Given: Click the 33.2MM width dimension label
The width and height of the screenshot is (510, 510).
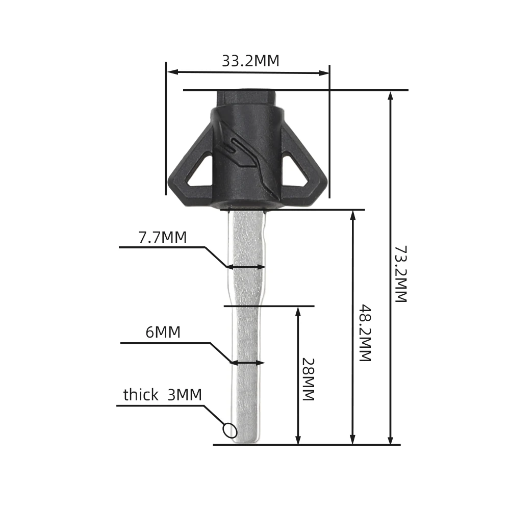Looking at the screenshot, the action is click(250, 61).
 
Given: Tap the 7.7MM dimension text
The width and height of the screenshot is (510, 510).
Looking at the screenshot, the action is click(163, 237).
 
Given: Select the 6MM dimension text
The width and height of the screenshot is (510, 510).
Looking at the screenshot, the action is click(163, 332).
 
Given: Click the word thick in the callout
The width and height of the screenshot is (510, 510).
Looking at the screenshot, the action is click(141, 395).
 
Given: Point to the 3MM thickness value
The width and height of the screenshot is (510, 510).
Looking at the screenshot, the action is click(185, 395).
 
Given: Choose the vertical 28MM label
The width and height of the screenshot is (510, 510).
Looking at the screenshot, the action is click(309, 379).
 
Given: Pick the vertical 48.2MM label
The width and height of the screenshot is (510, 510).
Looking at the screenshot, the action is click(365, 333).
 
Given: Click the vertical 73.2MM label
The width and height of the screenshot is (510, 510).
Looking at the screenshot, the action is click(401, 274).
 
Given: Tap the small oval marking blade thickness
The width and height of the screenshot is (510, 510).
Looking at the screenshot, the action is click(230, 430).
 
